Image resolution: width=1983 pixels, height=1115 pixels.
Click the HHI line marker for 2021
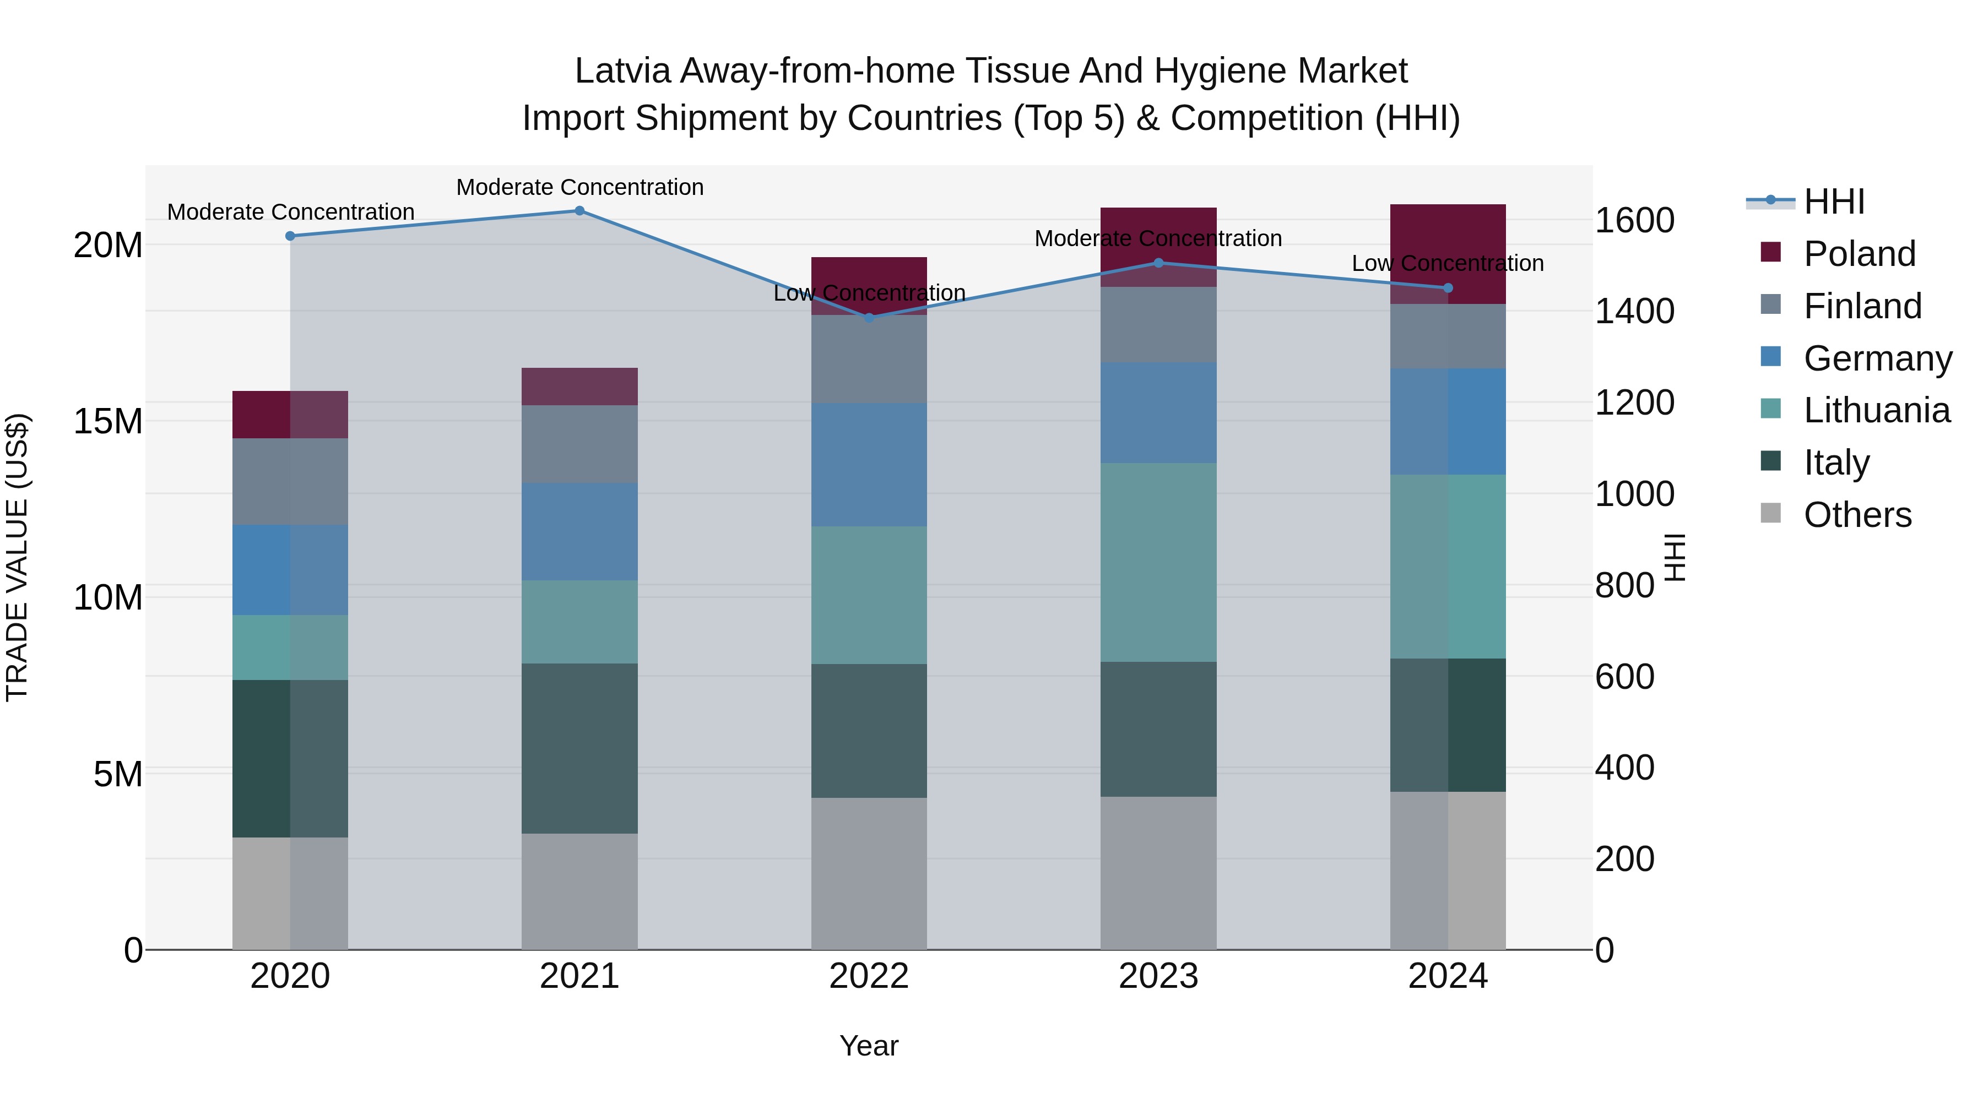(579, 211)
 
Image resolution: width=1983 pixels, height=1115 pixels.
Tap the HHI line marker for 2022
(869, 318)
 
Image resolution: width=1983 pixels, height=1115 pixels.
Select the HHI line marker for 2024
(1448, 288)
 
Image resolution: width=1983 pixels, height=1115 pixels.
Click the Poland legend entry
(1859, 254)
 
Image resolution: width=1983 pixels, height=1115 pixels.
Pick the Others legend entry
(1857, 515)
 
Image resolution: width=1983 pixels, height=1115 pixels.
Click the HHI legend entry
(1834, 202)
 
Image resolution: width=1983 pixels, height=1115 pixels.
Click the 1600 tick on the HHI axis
(1634, 221)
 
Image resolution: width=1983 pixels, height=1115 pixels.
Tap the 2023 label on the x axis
(1158, 976)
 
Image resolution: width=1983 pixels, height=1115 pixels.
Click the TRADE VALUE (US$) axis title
(17, 557)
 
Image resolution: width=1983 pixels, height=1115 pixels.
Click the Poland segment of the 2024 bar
(1448, 254)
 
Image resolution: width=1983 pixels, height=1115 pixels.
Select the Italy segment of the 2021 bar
(579, 748)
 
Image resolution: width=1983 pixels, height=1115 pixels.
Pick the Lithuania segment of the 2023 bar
(1158, 562)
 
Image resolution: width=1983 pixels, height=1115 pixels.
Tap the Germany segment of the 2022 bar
(869, 465)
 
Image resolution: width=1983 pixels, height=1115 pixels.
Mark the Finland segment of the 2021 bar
(579, 444)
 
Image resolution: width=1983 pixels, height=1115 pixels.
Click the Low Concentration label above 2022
(869, 293)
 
